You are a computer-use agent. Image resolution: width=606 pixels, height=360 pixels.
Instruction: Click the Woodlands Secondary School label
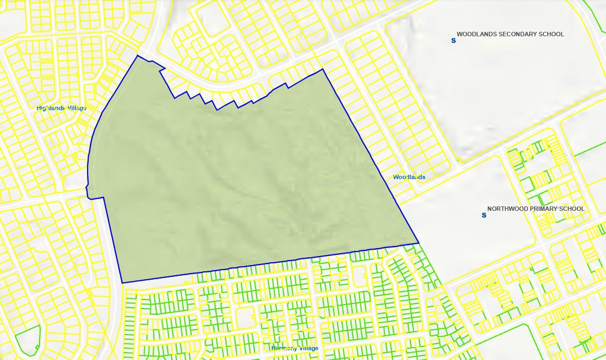[x=510, y=34]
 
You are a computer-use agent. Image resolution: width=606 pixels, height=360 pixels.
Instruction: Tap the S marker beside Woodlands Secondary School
[x=453, y=40]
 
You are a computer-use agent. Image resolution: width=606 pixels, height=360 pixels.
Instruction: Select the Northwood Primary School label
[x=536, y=209]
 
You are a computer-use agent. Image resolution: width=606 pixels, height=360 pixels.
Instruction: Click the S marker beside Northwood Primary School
[x=484, y=215]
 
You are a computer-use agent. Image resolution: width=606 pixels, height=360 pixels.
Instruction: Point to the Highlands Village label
[x=62, y=107]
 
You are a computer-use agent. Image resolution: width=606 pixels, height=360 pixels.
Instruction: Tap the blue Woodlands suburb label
[x=409, y=177]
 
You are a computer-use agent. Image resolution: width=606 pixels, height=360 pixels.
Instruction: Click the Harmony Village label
[x=295, y=348]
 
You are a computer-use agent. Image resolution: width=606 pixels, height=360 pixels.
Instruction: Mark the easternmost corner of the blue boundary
[x=418, y=243]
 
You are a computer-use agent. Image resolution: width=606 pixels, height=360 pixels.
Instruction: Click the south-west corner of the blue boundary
[x=122, y=283]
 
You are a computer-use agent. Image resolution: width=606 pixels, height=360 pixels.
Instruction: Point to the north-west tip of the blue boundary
[x=137, y=55]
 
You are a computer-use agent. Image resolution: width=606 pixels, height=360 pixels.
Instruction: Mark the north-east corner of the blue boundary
[x=323, y=70]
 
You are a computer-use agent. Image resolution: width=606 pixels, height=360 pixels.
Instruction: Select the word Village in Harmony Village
[x=307, y=348]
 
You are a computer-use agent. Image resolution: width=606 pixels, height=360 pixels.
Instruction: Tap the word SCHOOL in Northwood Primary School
[x=572, y=209]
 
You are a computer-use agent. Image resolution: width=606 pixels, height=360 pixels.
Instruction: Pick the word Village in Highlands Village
[x=77, y=107]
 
